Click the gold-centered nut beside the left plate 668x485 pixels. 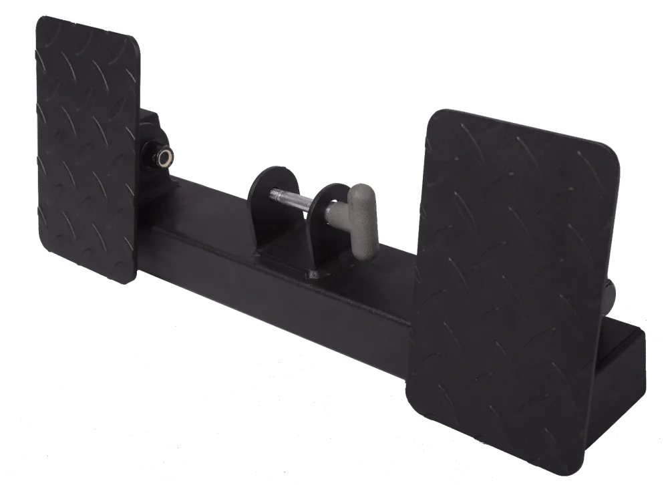pyautogui.click(x=161, y=156)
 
